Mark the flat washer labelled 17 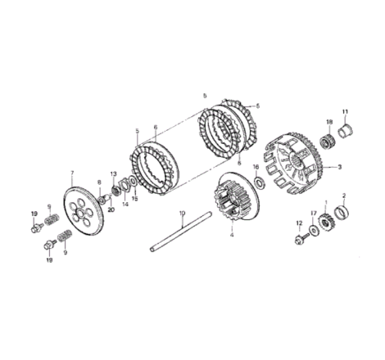click(x=315, y=230)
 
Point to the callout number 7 click(x=72, y=173)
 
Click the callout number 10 click(x=183, y=214)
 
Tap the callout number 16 click(x=256, y=167)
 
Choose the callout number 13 click(x=114, y=173)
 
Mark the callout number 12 click(x=298, y=223)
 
